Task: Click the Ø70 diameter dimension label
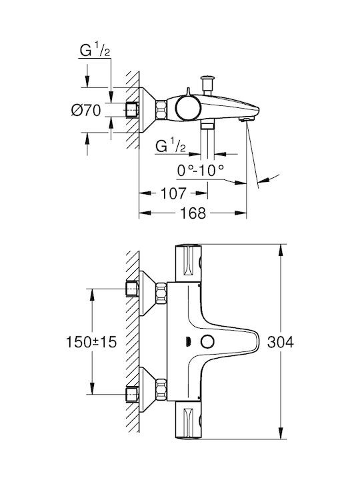pos(86,110)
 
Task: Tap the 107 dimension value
pos(173,193)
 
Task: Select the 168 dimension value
pos(193,213)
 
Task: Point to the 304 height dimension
pos(281,342)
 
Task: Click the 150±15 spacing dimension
pos(91,342)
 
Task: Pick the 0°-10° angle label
pos(201,170)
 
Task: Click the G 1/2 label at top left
pos(95,50)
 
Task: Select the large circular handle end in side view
pos(188,108)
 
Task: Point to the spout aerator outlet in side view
pos(247,119)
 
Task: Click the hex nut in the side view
pos(162,110)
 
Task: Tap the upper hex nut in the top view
pos(161,293)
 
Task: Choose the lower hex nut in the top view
pos(161,389)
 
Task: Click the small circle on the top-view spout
pos(207,341)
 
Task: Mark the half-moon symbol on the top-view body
pos(188,341)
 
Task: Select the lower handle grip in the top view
pos(189,420)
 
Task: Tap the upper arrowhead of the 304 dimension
pos(281,251)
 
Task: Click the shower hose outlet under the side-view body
pos(207,125)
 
